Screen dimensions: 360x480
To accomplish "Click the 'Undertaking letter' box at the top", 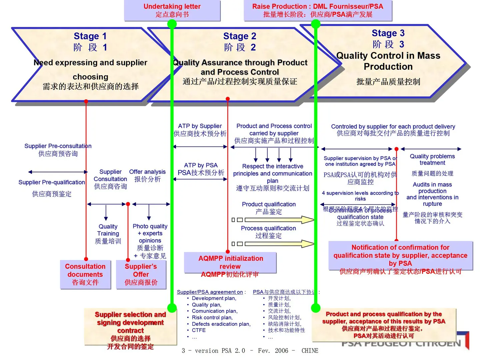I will [172, 10].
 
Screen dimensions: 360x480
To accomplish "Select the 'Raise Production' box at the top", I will [318, 10].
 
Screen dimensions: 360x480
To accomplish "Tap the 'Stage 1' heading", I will [90, 36].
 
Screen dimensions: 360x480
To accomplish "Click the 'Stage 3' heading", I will [388, 33].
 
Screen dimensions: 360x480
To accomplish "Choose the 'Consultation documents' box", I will [85, 274].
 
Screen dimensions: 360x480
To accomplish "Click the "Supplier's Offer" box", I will [141, 274].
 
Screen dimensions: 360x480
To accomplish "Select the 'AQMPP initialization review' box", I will [230, 263].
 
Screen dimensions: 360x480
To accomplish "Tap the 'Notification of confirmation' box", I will [400, 256].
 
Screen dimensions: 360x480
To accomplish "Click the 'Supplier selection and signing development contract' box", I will [130, 326].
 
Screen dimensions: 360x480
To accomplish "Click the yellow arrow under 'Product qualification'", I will [279, 220].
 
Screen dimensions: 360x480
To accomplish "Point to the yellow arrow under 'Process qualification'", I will [279, 244].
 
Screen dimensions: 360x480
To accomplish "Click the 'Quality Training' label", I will [108, 230].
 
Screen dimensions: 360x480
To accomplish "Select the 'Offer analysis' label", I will [147, 172].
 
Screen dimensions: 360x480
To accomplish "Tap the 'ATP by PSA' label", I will [201, 165].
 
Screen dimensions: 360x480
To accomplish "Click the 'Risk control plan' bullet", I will [212, 318].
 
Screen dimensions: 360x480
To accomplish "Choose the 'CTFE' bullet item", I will [199, 330].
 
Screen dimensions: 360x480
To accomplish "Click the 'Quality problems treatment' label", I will [432, 160].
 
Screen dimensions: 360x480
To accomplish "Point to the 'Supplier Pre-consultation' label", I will [58, 146].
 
